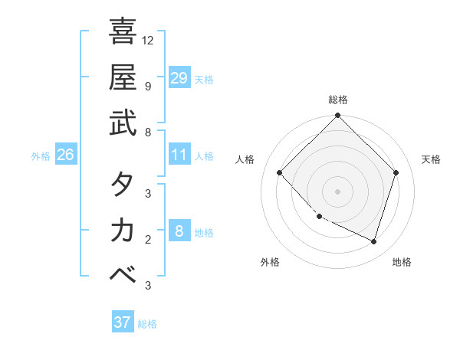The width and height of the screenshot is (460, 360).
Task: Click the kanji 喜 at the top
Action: pyautogui.click(x=123, y=32)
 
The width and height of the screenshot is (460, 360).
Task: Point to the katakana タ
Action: pyautogui.click(x=123, y=184)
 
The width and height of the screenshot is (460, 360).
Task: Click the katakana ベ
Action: pyautogui.click(x=123, y=277)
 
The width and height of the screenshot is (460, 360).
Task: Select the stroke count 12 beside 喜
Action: pyautogui.click(x=148, y=40)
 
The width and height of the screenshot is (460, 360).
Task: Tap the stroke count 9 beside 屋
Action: pyautogui.click(x=148, y=86)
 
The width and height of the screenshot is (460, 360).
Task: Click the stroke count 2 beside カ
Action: pyautogui.click(x=148, y=240)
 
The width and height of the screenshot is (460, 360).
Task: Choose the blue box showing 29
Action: pyautogui.click(x=179, y=77)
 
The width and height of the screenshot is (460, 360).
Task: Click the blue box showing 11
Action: pyautogui.click(x=179, y=155)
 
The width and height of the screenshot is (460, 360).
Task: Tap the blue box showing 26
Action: pyautogui.click(x=65, y=155)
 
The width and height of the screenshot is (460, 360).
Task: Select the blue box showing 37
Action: pyautogui.click(x=123, y=322)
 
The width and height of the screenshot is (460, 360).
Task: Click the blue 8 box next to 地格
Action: pyautogui.click(x=179, y=231)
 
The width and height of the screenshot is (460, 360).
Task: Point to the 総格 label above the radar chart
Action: pyautogui.click(x=338, y=100)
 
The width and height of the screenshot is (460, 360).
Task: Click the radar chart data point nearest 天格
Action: pyautogui.click(x=396, y=173)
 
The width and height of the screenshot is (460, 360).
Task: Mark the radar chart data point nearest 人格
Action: pyautogui.click(x=280, y=173)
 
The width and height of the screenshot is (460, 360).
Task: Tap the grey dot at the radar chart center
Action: pyautogui.click(x=338, y=191)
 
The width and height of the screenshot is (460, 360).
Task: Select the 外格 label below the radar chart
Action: pyautogui.click(x=270, y=262)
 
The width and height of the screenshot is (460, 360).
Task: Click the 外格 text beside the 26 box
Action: pyautogui.click(x=41, y=155)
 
